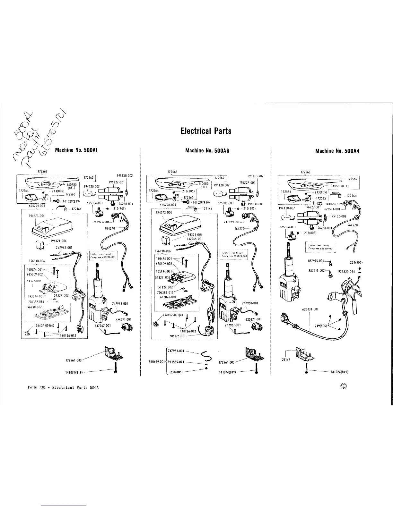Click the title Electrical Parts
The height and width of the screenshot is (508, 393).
pos(206,131)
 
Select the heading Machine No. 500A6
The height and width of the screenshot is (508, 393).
pos(206,150)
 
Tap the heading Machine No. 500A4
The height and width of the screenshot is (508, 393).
pos(337,150)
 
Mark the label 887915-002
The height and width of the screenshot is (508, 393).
pos(317,271)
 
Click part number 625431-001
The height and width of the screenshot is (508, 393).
pos(310,309)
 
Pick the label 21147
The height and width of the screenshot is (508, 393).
pos(286,360)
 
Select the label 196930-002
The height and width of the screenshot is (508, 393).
pos(33,307)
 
